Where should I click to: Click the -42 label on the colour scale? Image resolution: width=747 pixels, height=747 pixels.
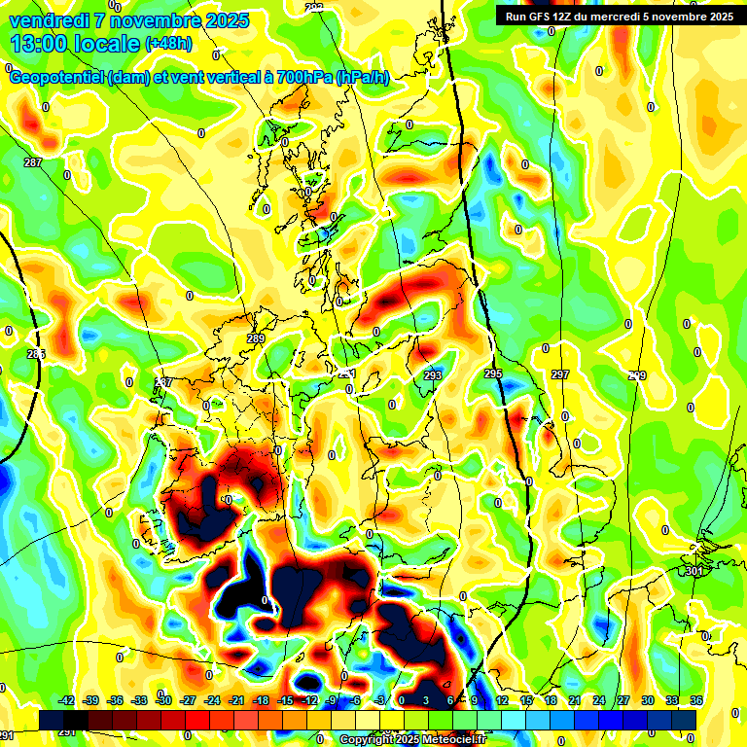(x=67, y=700)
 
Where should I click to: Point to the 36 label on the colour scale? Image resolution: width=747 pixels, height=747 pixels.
(x=695, y=700)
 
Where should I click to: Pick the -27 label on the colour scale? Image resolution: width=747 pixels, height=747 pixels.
(x=188, y=700)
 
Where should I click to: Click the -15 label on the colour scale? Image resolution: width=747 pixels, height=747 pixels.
(x=285, y=700)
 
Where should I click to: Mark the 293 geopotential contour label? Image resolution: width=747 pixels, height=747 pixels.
(x=434, y=374)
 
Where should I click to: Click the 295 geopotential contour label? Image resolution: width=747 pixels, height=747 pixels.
(x=493, y=373)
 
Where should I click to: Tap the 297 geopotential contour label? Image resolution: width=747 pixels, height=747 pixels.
(x=560, y=374)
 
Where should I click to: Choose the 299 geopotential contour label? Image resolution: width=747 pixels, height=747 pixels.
(x=637, y=375)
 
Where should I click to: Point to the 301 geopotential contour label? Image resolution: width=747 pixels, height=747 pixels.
(x=694, y=571)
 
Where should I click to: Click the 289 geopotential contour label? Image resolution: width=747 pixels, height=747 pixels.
(x=256, y=338)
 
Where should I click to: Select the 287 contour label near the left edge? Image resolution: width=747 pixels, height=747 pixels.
(x=33, y=162)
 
